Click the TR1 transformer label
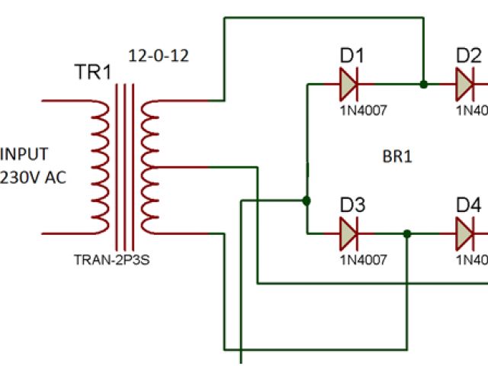point(92,72)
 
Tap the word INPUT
point(24,155)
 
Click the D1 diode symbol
point(349,84)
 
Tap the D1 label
point(352,56)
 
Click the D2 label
point(468,56)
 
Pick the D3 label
point(352,205)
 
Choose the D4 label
point(468,205)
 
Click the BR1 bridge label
point(396,158)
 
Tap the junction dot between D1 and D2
point(423,84)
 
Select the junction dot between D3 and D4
point(408,234)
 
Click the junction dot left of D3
point(306,201)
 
